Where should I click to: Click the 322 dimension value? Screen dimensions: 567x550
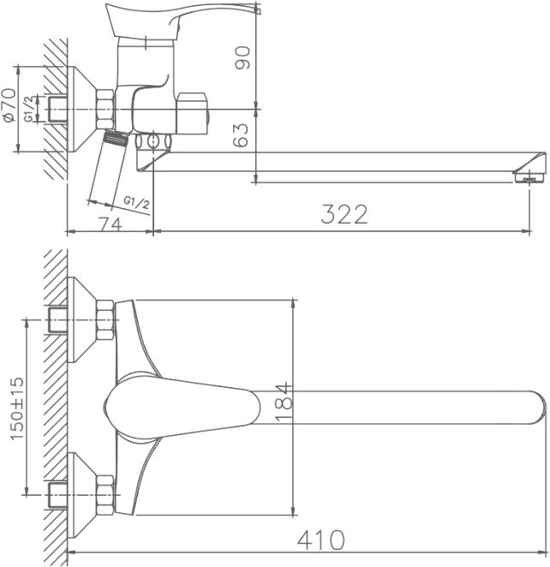pos(344,214)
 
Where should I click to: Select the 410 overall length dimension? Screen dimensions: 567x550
pos(321,540)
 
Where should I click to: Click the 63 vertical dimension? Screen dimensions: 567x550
pos(244,135)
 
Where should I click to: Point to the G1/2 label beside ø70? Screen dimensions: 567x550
pos(30,110)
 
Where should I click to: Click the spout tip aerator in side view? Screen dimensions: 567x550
pos(529,177)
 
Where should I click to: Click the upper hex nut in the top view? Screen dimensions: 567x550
pos(105,321)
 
